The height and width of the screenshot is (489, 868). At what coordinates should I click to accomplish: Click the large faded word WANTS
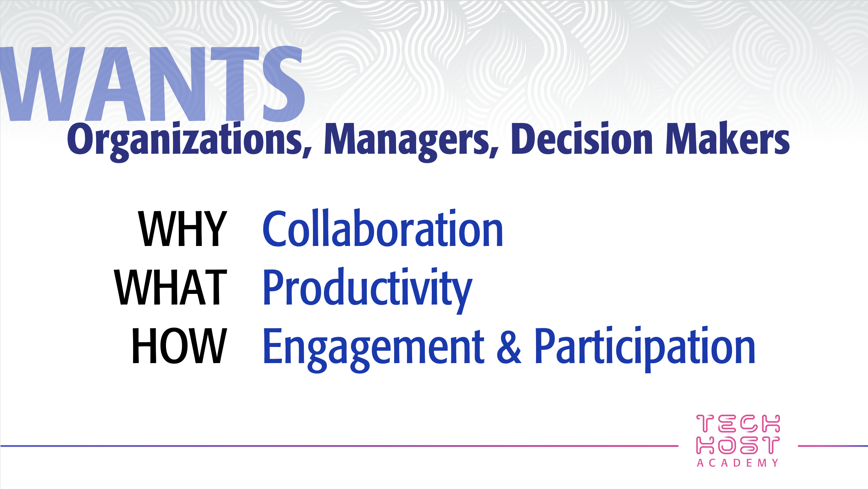[x=152, y=84]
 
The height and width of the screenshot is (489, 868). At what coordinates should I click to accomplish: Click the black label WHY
[x=183, y=229]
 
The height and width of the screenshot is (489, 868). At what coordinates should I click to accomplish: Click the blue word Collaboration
[x=383, y=228]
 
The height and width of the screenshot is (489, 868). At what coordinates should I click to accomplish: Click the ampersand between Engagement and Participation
[x=509, y=346]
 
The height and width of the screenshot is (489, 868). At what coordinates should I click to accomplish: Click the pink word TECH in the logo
[x=738, y=423]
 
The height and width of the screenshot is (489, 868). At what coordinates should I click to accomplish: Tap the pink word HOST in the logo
[x=738, y=445]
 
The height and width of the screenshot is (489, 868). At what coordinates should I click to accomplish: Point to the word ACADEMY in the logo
[x=738, y=463]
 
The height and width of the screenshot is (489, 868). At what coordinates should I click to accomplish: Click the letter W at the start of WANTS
[x=43, y=84]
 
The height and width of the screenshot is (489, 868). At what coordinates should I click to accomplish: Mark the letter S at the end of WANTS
[x=284, y=84]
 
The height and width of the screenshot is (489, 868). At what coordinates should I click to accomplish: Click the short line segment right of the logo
[x=833, y=446]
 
